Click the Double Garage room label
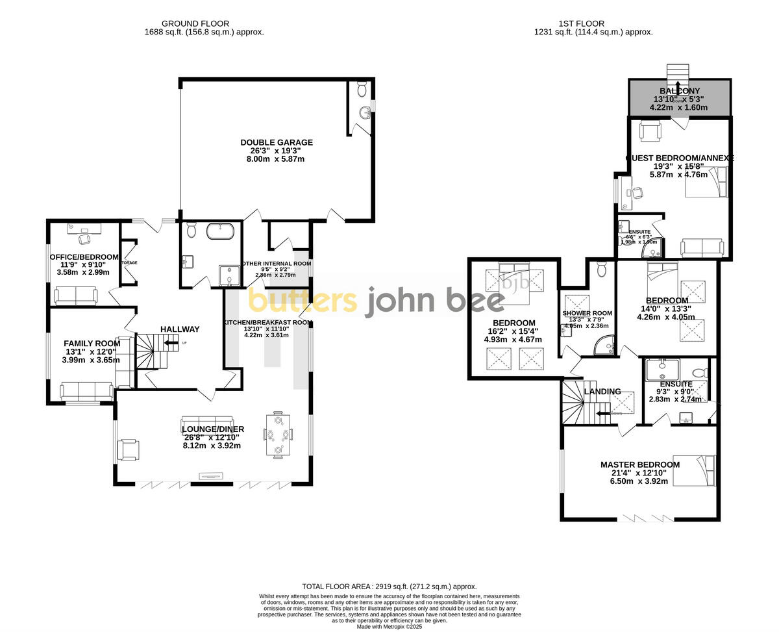coord(277,142)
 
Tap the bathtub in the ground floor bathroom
coord(219,231)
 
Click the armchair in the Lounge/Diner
coord(128,449)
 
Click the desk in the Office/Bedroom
coord(84,227)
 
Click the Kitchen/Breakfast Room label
coord(268,322)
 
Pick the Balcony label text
coord(680,91)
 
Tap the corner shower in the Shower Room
coord(605,347)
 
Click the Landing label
coord(602,392)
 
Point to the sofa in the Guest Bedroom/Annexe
coord(702,247)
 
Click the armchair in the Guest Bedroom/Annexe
coord(649,131)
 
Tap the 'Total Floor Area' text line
coord(389,586)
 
